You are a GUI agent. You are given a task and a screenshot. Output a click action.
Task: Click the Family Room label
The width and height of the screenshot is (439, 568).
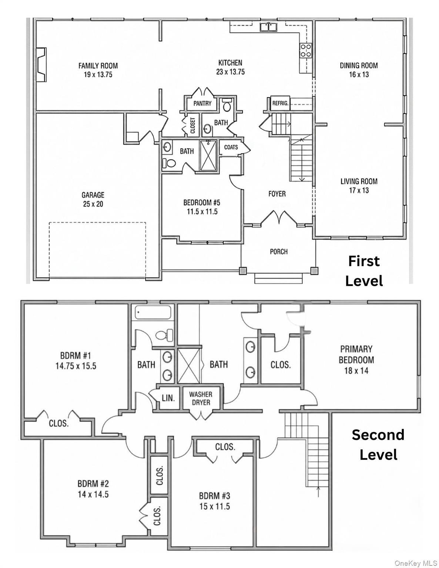(x=98, y=65)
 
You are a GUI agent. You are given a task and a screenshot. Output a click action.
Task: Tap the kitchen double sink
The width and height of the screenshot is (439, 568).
(x=269, y=27)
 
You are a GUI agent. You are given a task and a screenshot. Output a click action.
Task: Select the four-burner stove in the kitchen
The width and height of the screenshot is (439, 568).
(x=306, y=50)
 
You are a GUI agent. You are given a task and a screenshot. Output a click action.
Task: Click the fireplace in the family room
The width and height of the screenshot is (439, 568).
(x=41, y=65)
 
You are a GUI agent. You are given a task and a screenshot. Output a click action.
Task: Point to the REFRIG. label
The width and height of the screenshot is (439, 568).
(x=280, y=103)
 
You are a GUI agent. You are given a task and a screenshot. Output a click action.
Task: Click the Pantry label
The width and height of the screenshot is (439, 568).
(x=202, y=103)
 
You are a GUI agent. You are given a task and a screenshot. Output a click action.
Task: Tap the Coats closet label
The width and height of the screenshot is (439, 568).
(x=231, y=147)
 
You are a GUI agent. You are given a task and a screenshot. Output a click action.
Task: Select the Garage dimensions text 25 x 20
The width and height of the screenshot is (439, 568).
(x=93, y=204)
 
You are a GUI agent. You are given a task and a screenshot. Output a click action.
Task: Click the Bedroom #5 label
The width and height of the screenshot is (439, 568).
(x=202, y=202)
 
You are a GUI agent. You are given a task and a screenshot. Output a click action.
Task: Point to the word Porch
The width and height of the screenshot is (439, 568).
(x=279, y=251)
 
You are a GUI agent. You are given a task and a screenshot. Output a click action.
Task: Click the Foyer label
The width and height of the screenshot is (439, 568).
(x=277, y=194)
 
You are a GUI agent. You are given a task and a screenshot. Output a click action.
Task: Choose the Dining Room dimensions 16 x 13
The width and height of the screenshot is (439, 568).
(x=359, y=74)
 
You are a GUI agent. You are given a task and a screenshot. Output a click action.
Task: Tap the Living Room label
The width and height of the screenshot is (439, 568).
(x=359, y=181)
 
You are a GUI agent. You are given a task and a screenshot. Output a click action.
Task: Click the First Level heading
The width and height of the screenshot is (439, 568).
(x=364, y=271)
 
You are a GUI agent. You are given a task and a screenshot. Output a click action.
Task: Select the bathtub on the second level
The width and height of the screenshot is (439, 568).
(x=153, y=312)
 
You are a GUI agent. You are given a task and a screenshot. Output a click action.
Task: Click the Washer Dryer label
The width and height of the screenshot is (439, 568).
(x=201, y=398)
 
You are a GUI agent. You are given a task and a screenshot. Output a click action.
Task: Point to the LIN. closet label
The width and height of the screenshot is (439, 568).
(x=168, y=398)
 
